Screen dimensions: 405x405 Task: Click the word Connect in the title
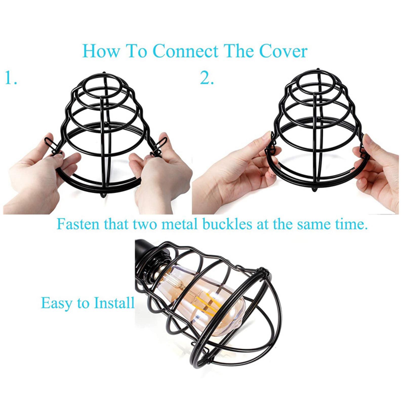[186, 51]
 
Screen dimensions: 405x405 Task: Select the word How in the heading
[101, 51]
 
